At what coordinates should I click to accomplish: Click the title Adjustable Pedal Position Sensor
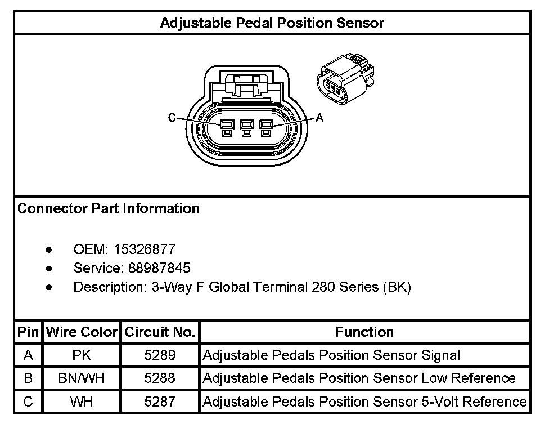tap(272, 23)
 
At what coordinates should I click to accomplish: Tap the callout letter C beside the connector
tap(172, 118)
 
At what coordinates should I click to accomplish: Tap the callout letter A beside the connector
tap(320, 118)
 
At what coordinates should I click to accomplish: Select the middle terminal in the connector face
tap(245, 128)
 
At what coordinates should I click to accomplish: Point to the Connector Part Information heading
tap(109, 209)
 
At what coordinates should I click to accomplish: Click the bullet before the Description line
tap(50, 287)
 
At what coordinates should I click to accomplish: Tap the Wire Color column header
tap(82, 332)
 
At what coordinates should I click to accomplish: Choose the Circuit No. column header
tap(159, 332)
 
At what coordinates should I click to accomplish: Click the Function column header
tap(364, 332)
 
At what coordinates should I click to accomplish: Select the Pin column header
tap(28, 332)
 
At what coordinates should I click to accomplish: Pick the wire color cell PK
tap(82, 355)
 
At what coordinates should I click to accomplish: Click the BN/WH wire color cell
tap(82, 378)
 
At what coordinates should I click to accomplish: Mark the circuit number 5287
tap(160, 402)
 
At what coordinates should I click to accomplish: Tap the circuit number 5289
tap(160, 355)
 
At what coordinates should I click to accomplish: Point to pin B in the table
tap(28, 378)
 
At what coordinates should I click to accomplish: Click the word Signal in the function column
tap(440, 355)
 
